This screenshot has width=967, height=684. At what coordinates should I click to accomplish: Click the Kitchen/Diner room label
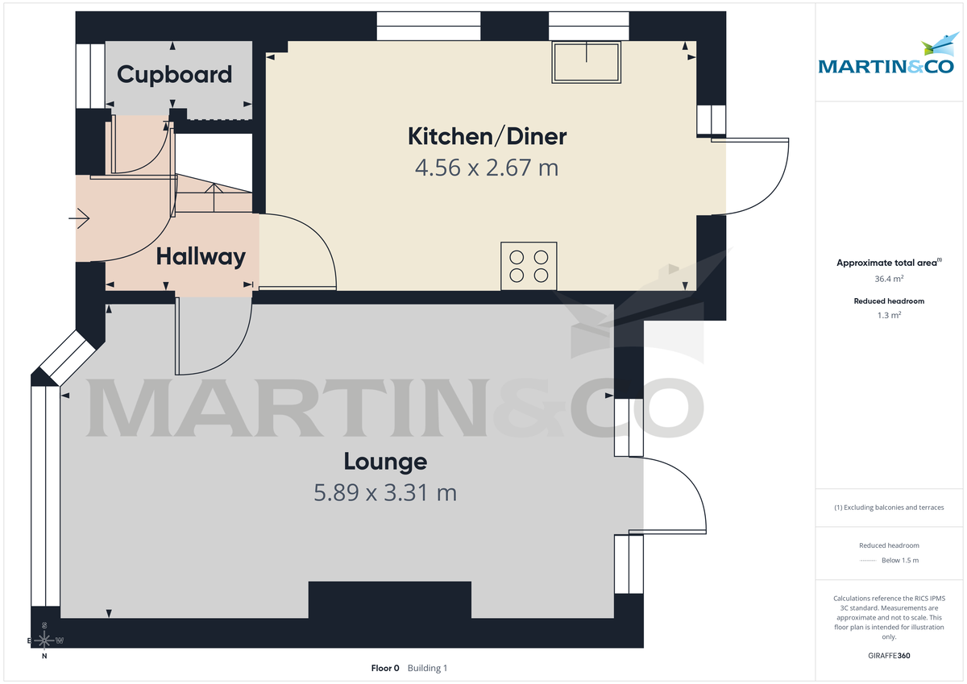[x=487, y=136]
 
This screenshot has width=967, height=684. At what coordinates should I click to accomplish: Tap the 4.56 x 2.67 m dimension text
[x=487, y=168]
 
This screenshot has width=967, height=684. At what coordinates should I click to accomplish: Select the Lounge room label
[x=385, y=462]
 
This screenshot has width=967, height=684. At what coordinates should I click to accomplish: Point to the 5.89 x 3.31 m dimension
[x=385, y=492]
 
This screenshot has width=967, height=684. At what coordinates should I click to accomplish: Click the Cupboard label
[x=174, y=75]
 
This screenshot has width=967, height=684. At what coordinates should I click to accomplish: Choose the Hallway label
[x=201, y=257]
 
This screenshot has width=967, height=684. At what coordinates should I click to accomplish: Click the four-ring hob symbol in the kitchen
[x=529, y=266]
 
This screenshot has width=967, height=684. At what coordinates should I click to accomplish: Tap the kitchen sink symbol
[x=587, y=61]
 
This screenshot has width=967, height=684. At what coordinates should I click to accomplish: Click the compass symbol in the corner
[x=45, y=640]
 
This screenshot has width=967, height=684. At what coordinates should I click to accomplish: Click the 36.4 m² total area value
[x=889, y=278]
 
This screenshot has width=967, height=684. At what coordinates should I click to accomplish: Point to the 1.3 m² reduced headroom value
[x=889, y=315]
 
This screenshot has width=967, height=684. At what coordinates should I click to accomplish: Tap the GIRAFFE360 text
[x=889, y=656]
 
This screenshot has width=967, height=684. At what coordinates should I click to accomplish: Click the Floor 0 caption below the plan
[x=384, y=668]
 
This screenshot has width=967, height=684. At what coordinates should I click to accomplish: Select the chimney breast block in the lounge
[x=389, y=599]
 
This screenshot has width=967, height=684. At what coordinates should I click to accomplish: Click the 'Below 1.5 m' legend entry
[x=899, y=560]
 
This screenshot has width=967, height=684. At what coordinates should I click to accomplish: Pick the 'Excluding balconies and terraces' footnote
[x=889, y=508]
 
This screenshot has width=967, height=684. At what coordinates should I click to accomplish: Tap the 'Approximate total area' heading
[x=886, y=263]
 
